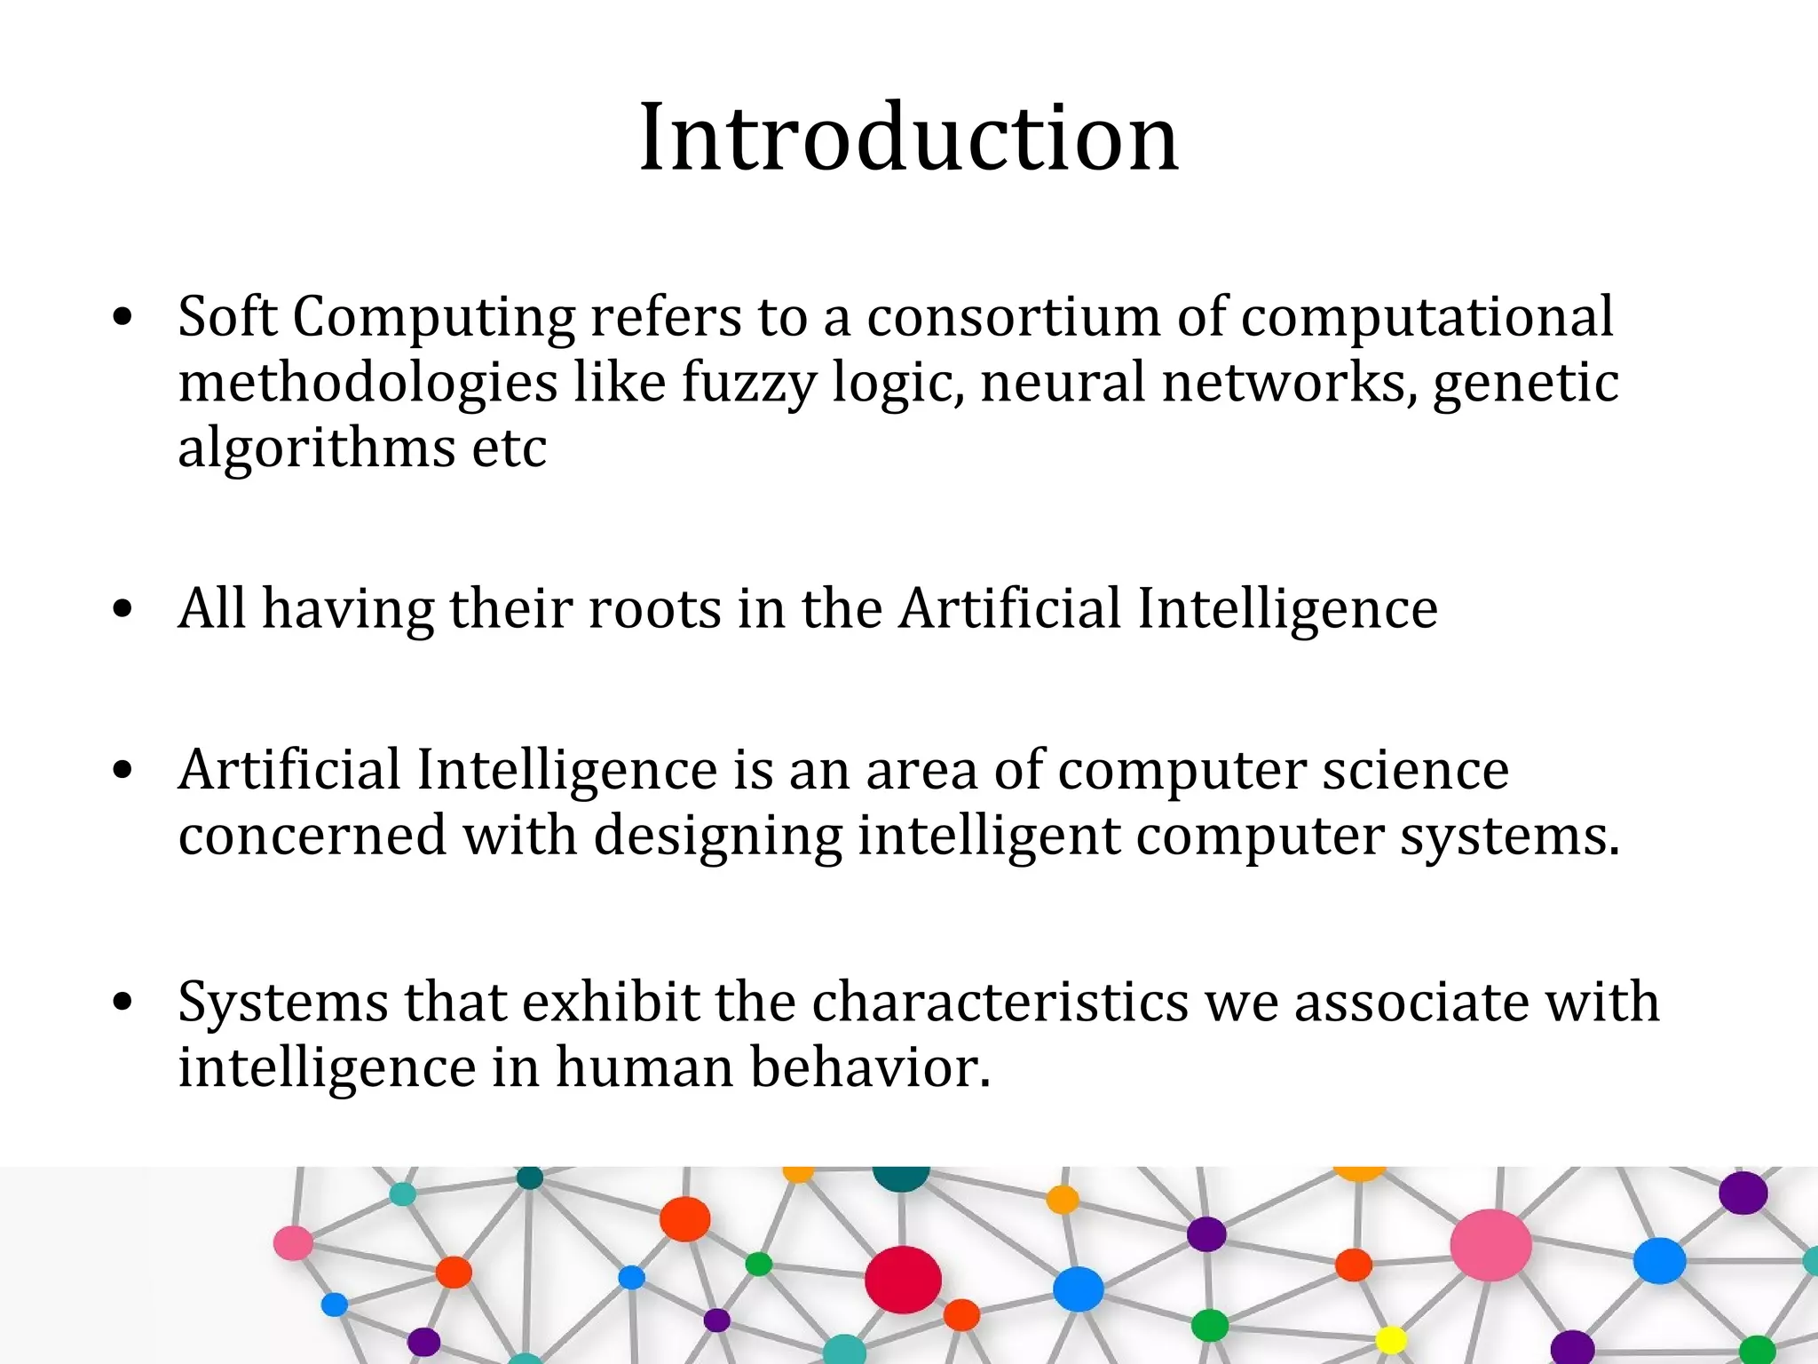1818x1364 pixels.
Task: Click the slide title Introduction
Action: (909, 139)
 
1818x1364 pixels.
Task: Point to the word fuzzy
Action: (748, 384)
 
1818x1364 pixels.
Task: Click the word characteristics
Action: (1000, 1002)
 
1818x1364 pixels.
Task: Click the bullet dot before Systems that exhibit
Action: (123, 1002)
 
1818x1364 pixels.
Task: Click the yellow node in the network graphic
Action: (1390, 1338)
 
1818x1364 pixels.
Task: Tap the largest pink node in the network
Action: (1490, 1245)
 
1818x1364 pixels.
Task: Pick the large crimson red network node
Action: (903, 1280)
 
